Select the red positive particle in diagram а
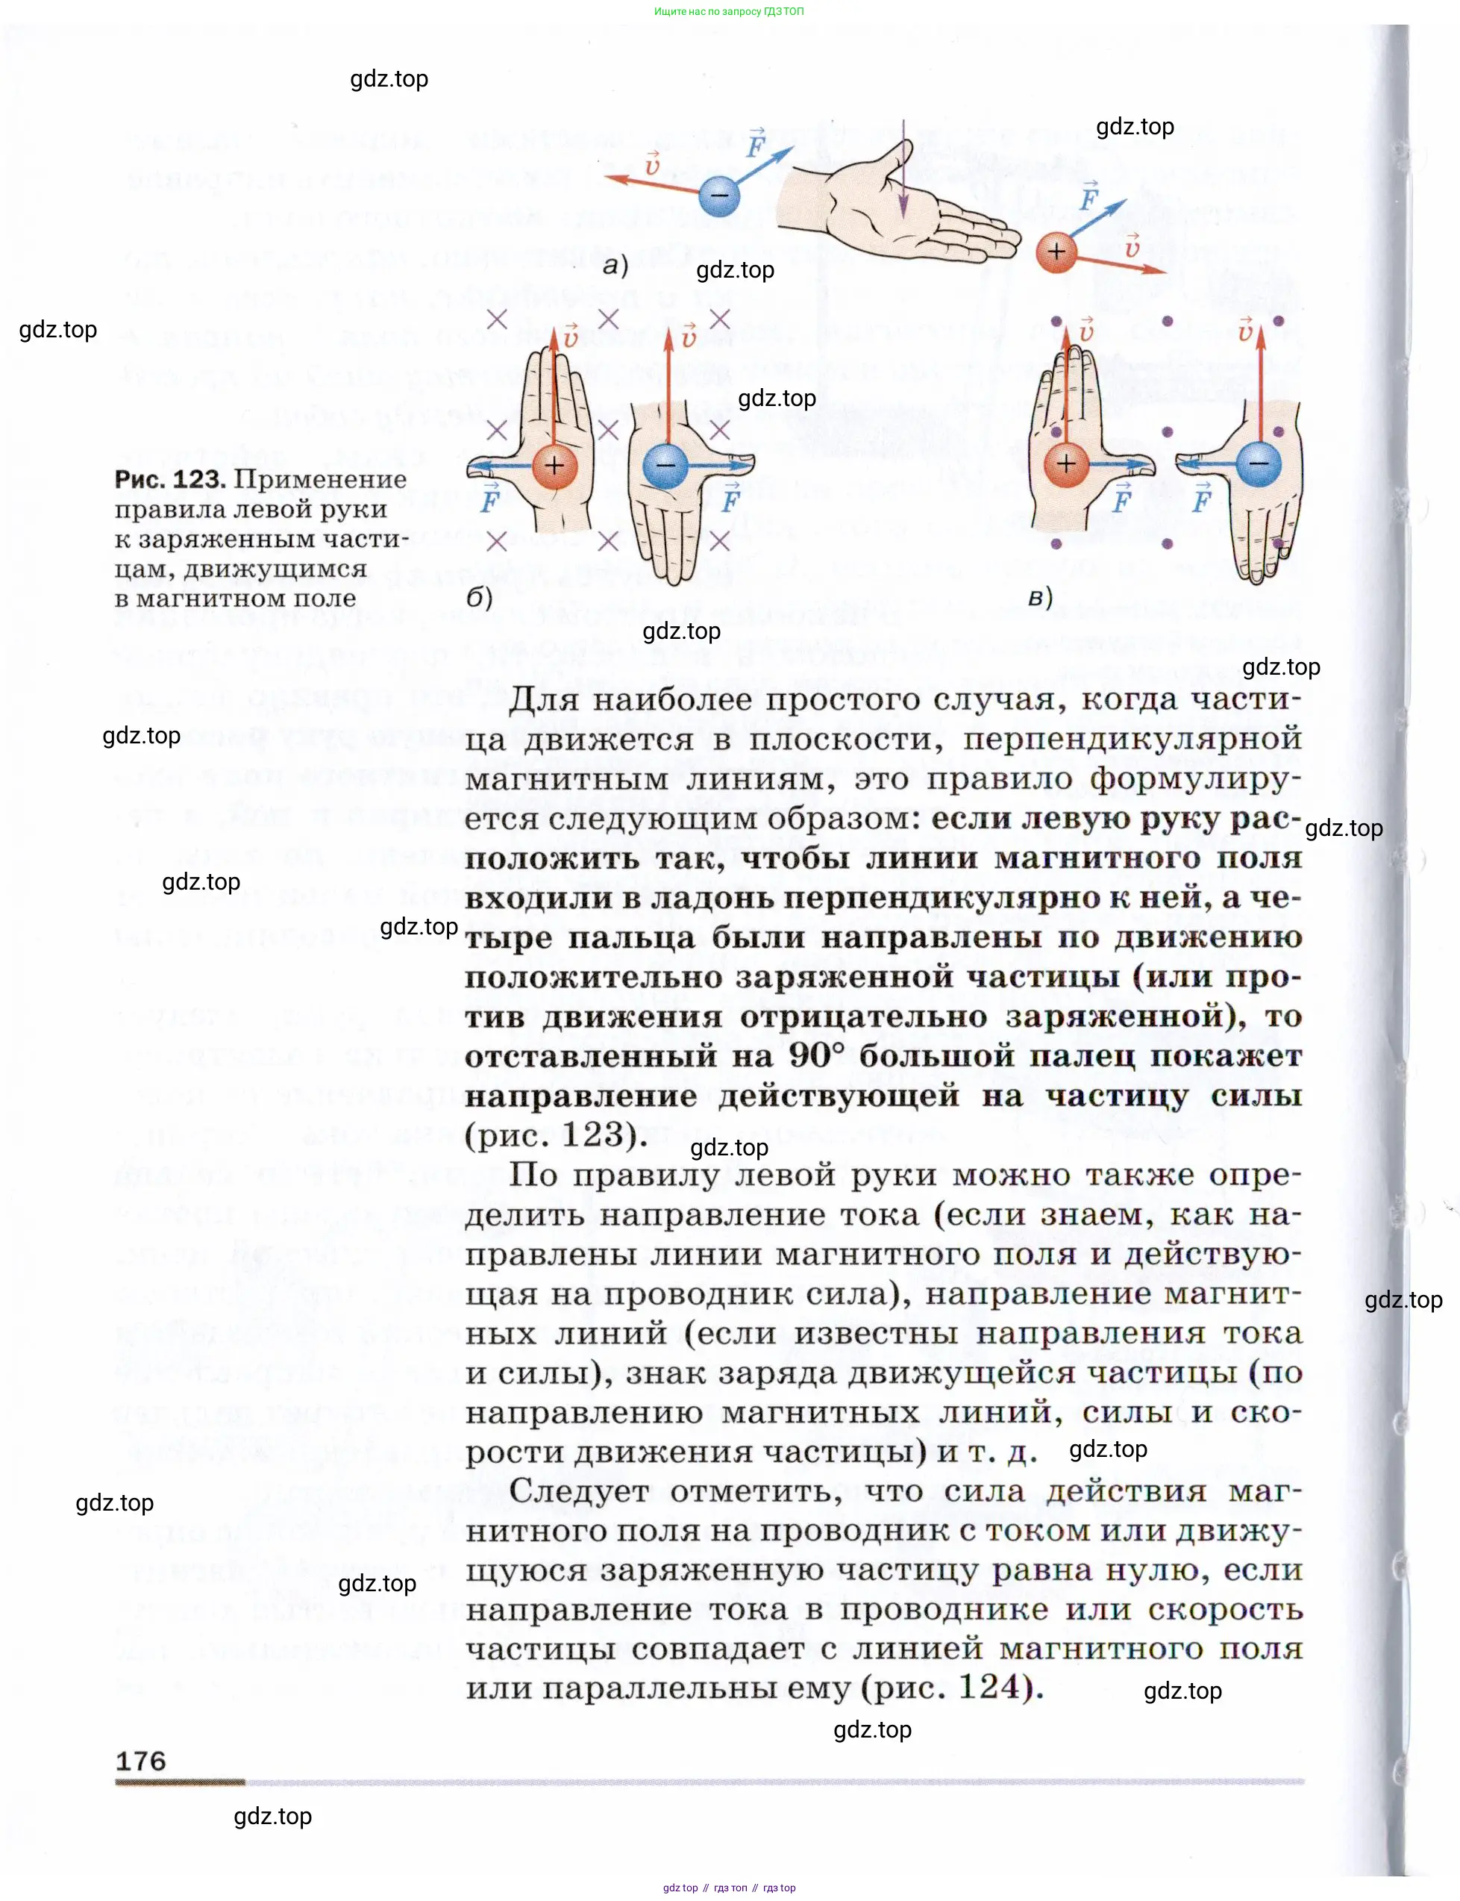tap(1056, 253)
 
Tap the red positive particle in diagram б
tap(554, 465)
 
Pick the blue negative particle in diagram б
tap(665, 465)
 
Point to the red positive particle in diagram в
tap(1065, 463)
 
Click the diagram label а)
tap(615, 265)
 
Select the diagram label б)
tap(480, 597)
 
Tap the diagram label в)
tap(1040, 597)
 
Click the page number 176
tap(141, 1761)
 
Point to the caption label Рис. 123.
tap(170, 479)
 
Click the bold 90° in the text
tap(816, 1056)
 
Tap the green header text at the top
tap(728, 11)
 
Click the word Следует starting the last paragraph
tap(580, 1490)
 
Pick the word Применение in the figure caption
tap(321, 479)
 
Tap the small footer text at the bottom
tap(728, 1888)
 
